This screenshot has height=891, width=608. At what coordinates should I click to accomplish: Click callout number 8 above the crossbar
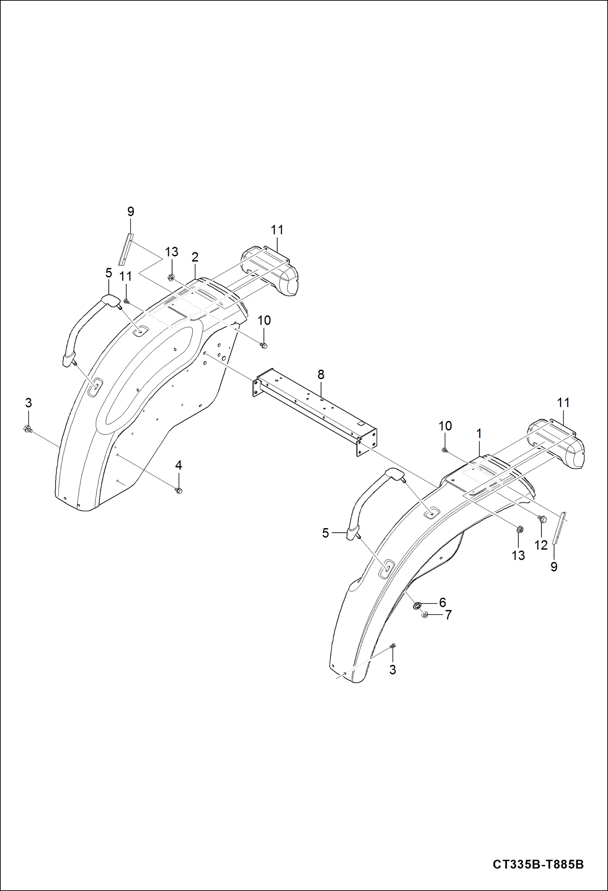pyautogui.click(x=321, y=375)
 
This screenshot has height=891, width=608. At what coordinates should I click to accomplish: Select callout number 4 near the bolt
pyautogui.click(x=179, y=466)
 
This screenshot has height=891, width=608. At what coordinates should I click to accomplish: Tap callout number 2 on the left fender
pyautogui.click(x=195, y=257)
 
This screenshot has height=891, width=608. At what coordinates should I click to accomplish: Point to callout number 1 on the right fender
pyautogui.click(x=479, y=434)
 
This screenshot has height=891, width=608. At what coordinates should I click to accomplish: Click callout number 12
pyautogui.click(x=541, y=545)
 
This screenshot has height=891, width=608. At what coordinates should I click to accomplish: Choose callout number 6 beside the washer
pyautogui.click(x=442, y=602)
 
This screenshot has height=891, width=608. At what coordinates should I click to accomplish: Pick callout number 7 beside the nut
pyautogui.click(x=448, y=615)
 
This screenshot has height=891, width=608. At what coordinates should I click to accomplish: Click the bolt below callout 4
pyautogui.click(x=178, y=491)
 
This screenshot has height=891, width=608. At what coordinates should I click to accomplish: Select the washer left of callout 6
pyautogui.click(x=417, y=606)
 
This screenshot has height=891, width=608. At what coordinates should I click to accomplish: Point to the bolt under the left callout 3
pyautogui.click(x=28, y=429)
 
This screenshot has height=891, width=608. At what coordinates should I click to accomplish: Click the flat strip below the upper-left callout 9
pyautogui.click(x=126, y=250)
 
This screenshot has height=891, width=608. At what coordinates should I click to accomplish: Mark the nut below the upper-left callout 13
pyautogui.click(x=171, y=278)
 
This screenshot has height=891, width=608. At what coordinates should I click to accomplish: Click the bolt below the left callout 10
pyautogui.click(x=263, y=346)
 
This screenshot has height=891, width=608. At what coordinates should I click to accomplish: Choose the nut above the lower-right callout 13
pyautogui.click(x=519, y=529)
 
